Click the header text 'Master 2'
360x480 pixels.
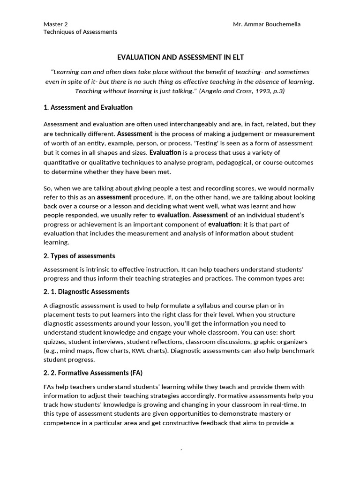click(55, 24)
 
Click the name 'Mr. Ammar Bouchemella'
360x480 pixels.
click(267, 24)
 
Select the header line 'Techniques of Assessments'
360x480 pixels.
click(80, 32)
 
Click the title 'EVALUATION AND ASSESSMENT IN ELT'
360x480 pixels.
click(180, 57)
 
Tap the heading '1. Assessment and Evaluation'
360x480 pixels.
click(88, 107)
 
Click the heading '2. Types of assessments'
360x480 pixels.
click(79, 256)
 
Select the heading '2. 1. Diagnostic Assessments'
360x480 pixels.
click(86, 292)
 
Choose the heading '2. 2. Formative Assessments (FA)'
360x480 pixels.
click(93, 373)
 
